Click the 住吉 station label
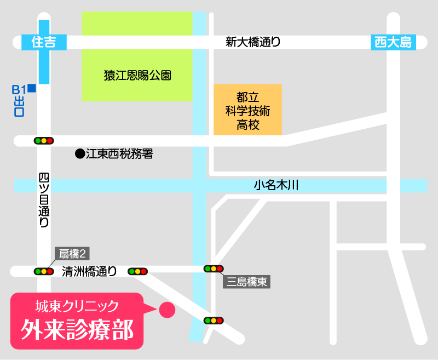(44, 42)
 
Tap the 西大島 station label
(393, 42)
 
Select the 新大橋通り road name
(253, 42)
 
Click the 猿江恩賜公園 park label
(137, 76)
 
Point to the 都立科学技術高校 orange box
(247, 110)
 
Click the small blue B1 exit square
(32, 88)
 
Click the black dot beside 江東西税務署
(80, 154)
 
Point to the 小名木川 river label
(276, 185)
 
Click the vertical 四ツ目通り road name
(44, 200)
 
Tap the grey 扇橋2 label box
(73, 253)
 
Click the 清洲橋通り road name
(89, 271)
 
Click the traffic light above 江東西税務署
(44, 141)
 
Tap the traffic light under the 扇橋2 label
(44, 271)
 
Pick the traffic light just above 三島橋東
(214, 268)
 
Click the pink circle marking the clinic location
(166, 310)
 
